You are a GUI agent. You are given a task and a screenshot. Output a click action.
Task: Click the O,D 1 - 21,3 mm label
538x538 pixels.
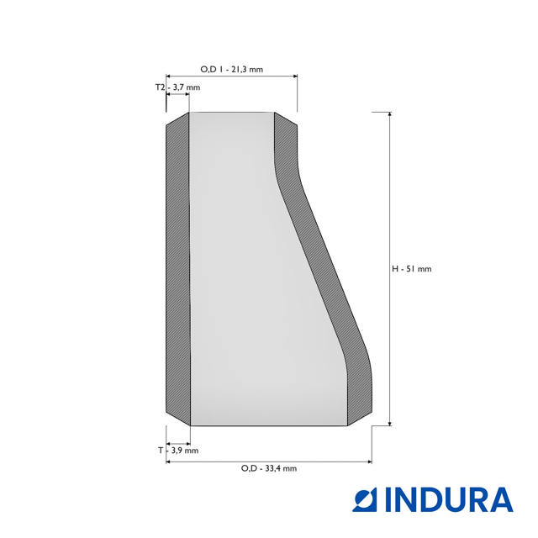tap(232, 69)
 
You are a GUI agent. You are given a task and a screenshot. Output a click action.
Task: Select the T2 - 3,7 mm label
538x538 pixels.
tap(177, 87)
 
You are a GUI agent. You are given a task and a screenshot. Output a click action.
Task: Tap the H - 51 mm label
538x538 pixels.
tap(411, 269)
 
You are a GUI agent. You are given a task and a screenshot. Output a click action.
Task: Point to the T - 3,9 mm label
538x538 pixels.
tap(178, 451)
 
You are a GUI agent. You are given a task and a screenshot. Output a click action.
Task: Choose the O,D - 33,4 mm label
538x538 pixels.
tap(269, 468)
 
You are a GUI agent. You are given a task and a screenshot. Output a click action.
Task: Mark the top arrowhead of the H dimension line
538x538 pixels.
tap(389, 114)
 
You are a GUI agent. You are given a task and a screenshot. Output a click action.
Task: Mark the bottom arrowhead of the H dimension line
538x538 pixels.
tap(389, 424)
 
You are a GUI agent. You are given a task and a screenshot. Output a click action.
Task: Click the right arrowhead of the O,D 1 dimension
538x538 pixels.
tap(295, 76)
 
